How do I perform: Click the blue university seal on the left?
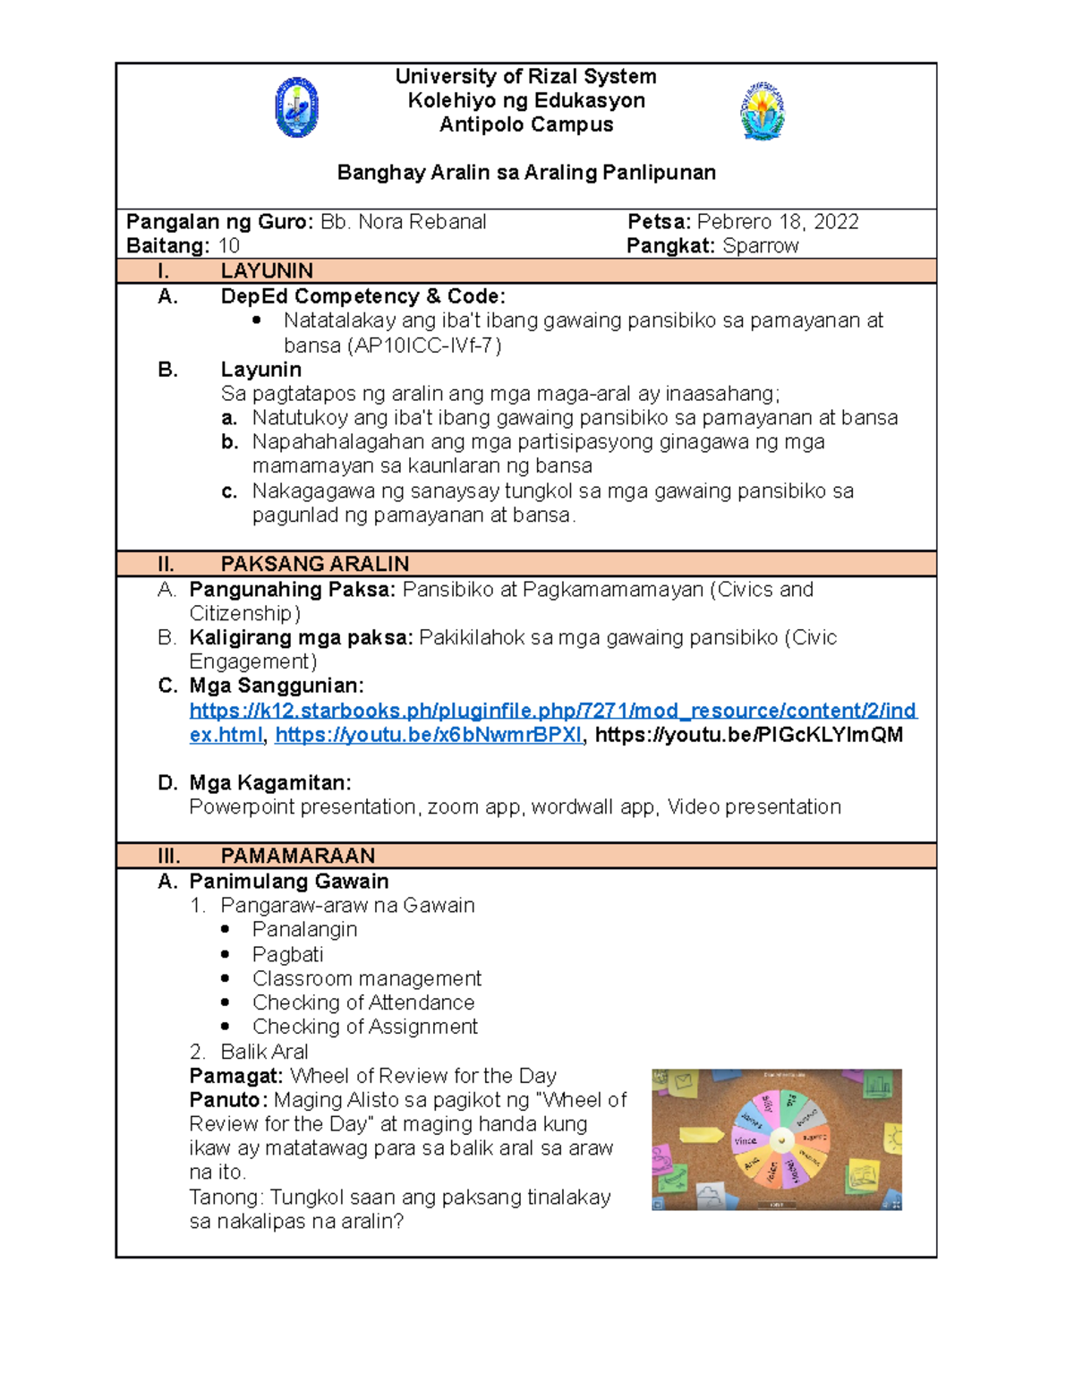[296, 107]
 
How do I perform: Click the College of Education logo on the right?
[763, 111]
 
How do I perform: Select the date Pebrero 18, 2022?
[777, 222]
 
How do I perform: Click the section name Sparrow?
[760, 246]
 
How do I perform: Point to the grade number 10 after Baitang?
[229, 246]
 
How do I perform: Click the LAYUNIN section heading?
[266, 271]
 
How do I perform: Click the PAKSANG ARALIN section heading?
[314, 564]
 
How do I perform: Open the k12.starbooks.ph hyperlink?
[552, 711]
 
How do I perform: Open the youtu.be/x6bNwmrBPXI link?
[428, 735]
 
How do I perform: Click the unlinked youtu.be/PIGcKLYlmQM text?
[748, 735]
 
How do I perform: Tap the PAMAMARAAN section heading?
[297, 856]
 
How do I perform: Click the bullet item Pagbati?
[287, 954]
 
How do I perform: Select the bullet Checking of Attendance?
[362, 1002]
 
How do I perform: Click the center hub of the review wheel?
[781, 1140]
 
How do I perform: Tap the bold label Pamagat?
[235, 1076]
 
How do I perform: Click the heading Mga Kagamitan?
[269, 783]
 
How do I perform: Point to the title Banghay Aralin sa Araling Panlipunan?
[526, 173]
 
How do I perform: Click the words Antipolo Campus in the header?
[526, 125]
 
